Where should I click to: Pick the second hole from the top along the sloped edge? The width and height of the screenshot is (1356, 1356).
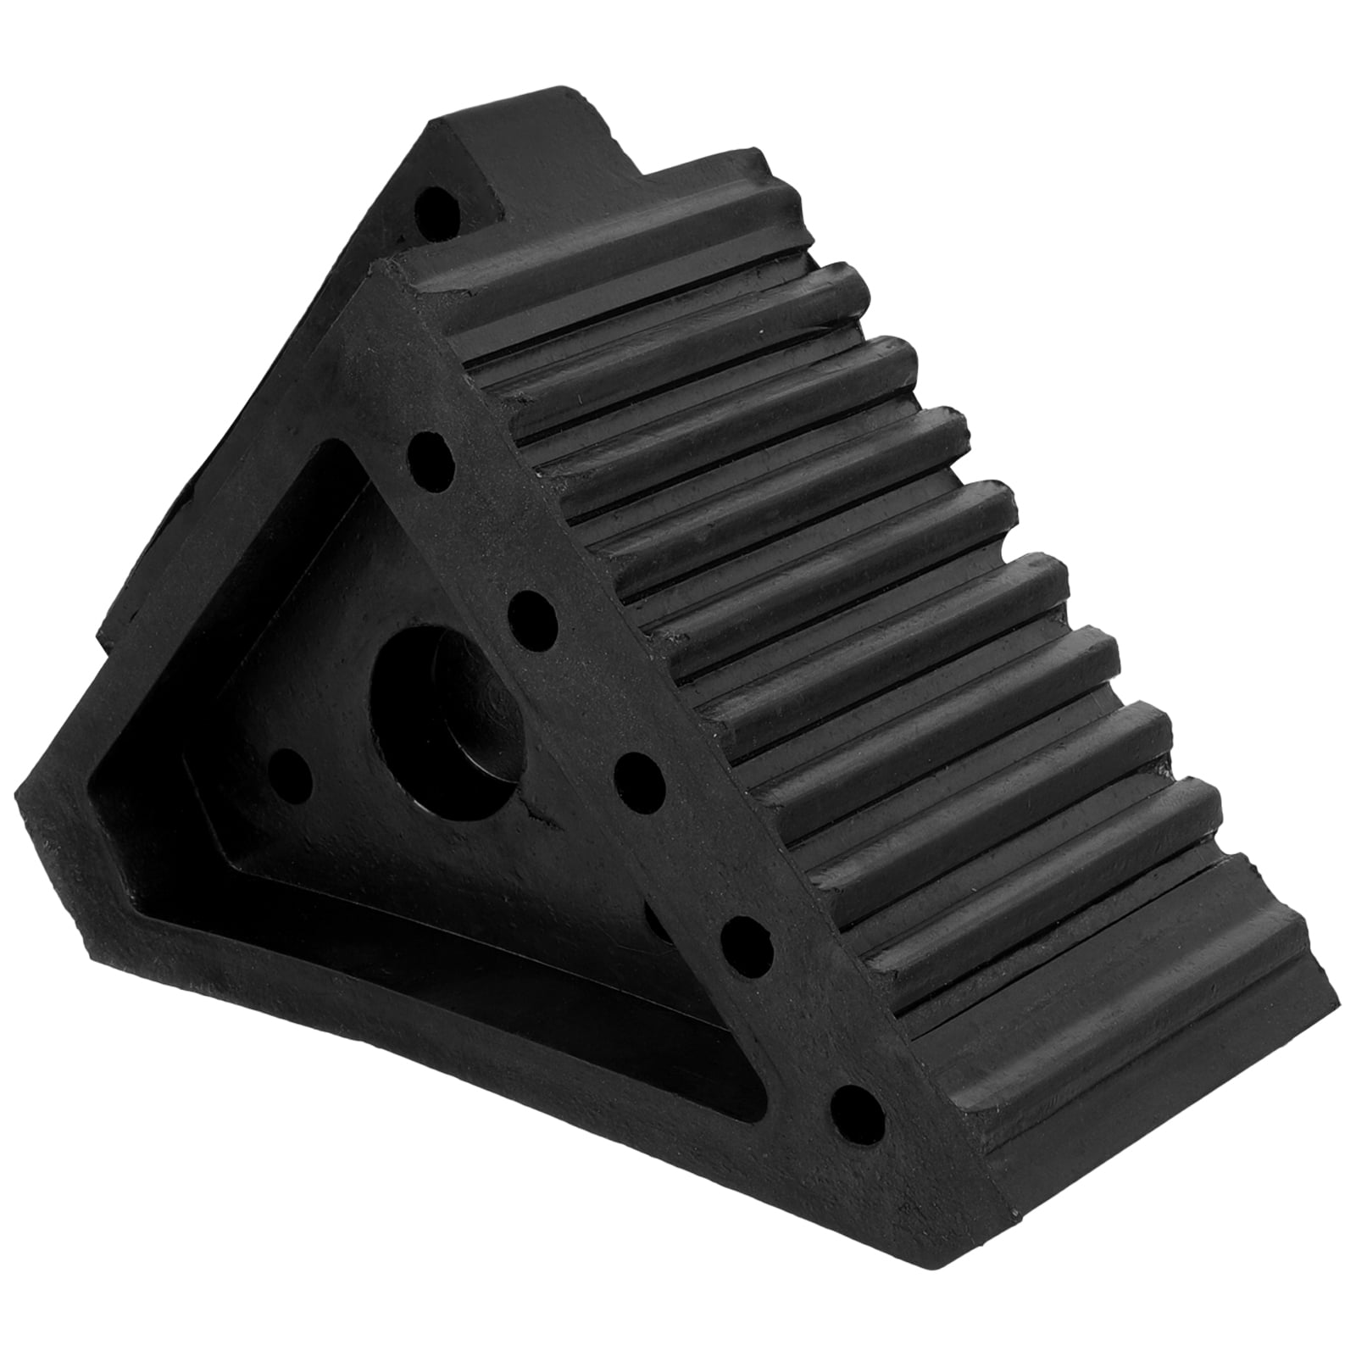point(533,609)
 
